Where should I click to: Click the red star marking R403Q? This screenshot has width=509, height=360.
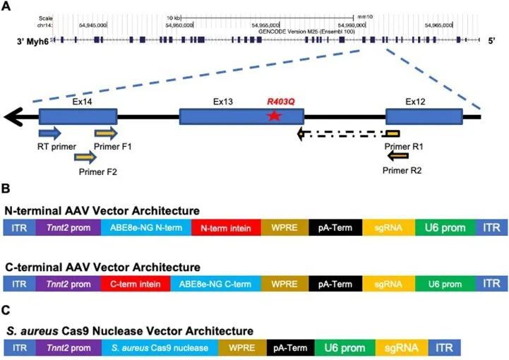(273, 116)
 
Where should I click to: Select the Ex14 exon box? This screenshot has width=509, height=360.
(78, 116)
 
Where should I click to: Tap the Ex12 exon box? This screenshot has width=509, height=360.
(424, 116)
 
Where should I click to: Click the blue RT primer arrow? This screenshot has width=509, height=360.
(50, 133)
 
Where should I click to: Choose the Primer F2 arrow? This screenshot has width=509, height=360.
(85, 157)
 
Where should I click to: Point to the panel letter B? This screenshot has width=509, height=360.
(6, 190)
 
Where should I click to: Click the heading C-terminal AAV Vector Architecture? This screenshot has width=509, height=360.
(102, 268)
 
